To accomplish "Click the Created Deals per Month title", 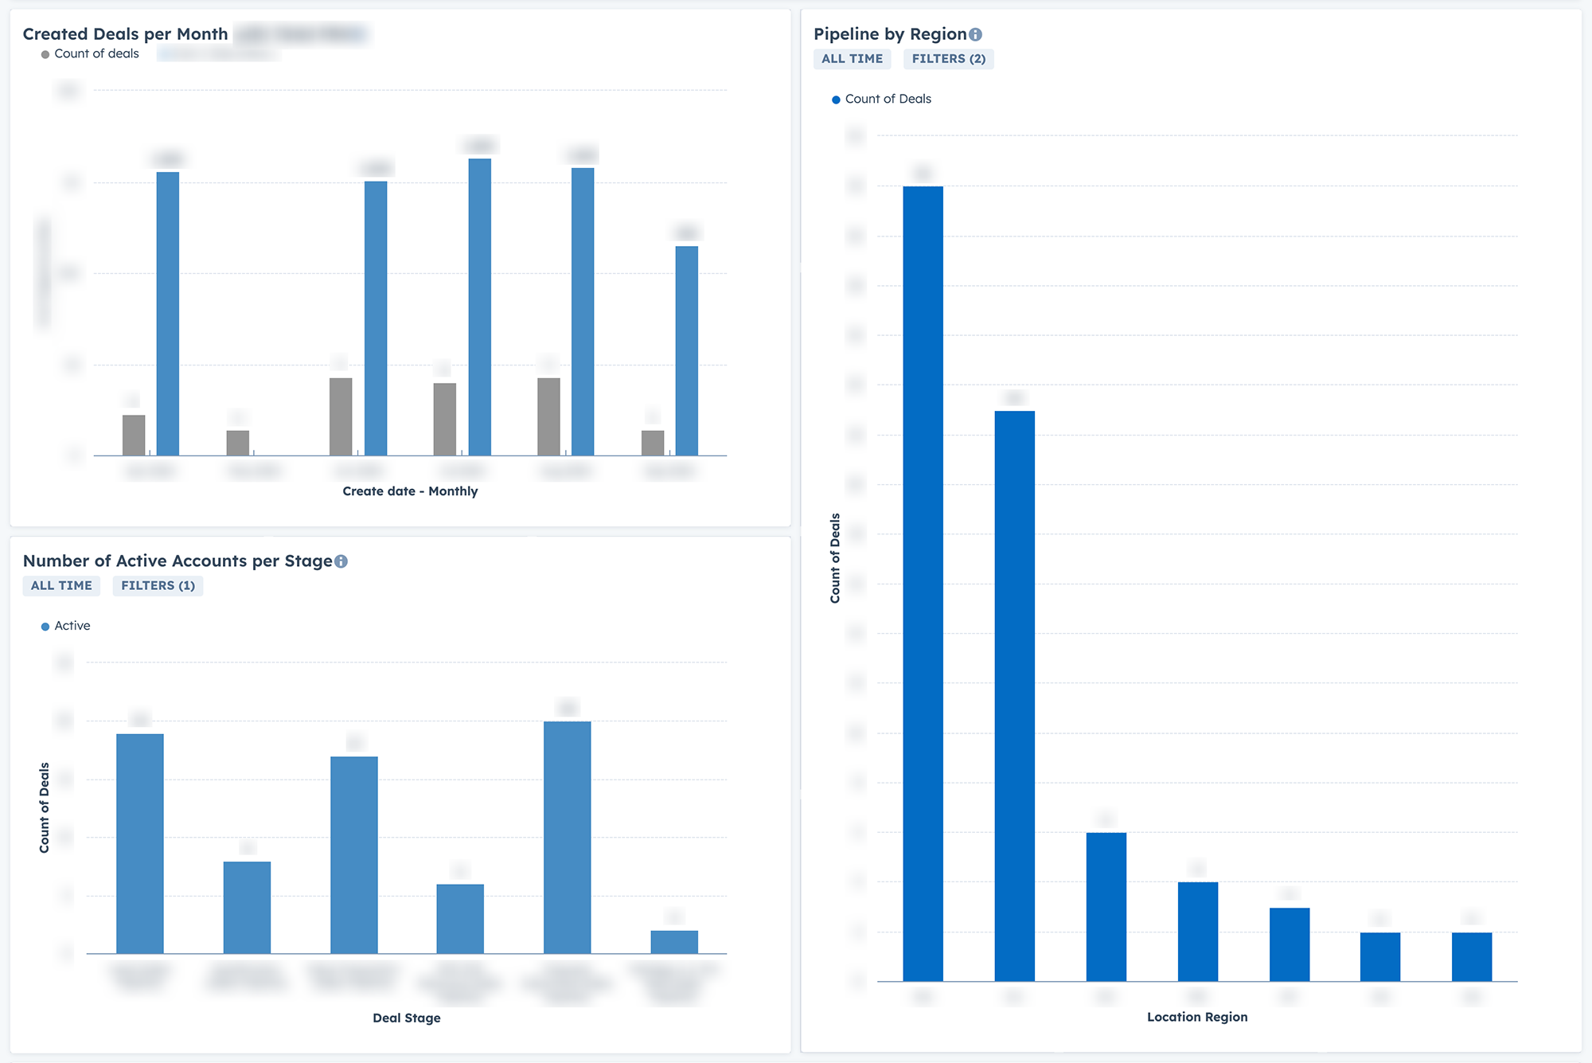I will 125,34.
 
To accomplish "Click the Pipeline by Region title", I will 889,34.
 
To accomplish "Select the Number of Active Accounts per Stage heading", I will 177,561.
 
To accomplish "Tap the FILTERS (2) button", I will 948,59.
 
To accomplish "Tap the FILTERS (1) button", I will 158,586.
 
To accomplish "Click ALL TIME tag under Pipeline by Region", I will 852,59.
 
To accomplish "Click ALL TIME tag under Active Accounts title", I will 61,586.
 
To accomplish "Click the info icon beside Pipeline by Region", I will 976,34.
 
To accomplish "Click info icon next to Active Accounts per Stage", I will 341,561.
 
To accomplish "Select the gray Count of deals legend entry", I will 90,54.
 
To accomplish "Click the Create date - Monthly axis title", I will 410,491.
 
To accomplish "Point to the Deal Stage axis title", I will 406,1018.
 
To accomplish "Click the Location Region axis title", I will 1196,1018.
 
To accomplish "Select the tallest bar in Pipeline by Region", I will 923,581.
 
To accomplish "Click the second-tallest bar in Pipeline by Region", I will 1014,693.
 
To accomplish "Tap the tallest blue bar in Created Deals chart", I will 479,307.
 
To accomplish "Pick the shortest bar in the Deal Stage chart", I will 674,942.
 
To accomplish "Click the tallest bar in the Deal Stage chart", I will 567,836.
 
